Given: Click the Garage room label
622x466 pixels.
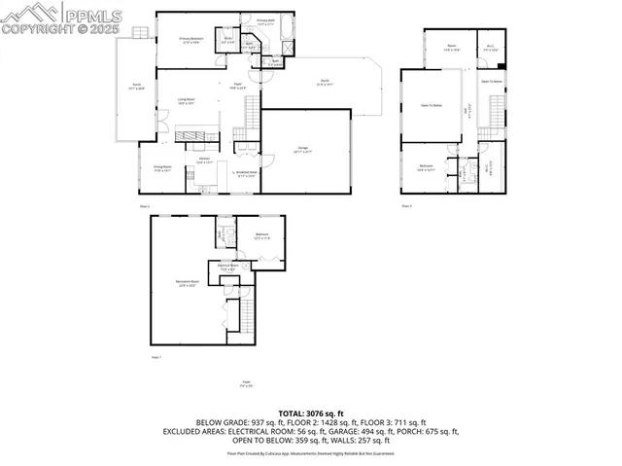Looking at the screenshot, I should [304, 150].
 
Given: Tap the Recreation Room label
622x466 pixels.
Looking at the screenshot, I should [188, 283].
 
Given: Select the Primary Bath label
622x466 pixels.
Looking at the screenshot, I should [266, 21].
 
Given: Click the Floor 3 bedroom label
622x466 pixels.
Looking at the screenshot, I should [427, 167].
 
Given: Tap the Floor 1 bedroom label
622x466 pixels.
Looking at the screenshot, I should [262, 235].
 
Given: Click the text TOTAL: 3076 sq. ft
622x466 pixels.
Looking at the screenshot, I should [311, 413].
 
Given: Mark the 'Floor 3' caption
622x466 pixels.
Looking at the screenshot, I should [407, 205].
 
